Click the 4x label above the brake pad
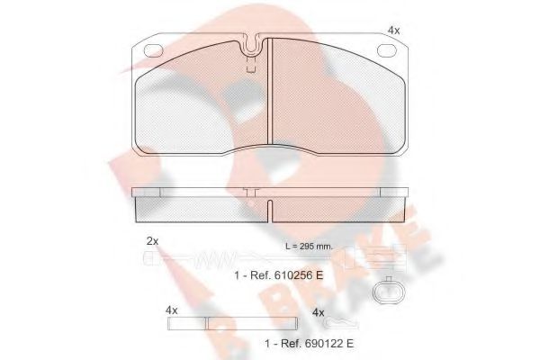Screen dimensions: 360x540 pos(393,31)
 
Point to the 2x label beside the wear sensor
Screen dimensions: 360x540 pos(152,241)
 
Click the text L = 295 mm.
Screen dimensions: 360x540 pos(307,247)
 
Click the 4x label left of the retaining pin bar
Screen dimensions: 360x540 pos(172,310)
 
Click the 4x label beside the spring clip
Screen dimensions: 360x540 pos(318,312)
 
